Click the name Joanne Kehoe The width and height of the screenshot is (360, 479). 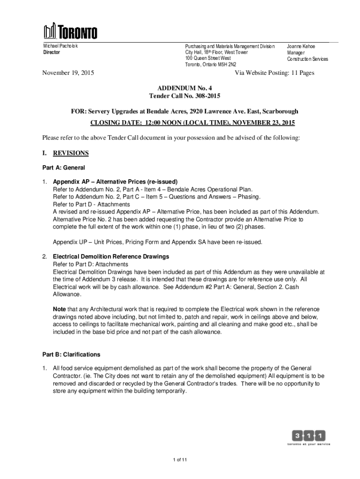tap(301, 46)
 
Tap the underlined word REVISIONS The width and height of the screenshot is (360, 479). tap(71, 153)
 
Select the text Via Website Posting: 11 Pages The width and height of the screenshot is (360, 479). tap(274, 73)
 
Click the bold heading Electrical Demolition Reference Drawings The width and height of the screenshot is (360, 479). tap(111, 257)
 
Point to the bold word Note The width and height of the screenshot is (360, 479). tap(59, 309)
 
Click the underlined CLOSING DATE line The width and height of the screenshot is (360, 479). tap(192, 123)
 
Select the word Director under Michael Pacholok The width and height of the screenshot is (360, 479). tap(52, 52)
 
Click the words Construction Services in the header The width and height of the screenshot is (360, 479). tap(307, 59)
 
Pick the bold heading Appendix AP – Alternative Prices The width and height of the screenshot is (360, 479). tap(115, 181)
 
